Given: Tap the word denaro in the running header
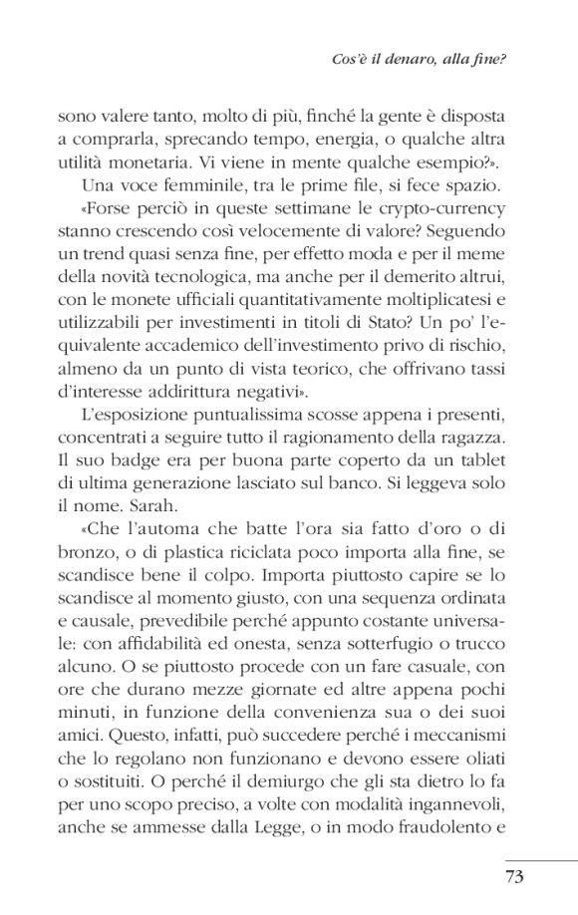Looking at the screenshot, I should click(405, 59).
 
